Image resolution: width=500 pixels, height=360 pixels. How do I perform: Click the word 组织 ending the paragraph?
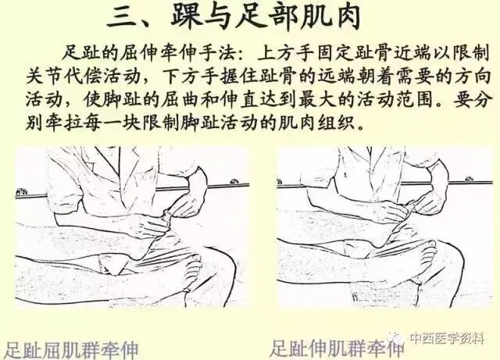point(335,122)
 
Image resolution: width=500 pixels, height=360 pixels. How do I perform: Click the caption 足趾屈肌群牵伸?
point(72,350)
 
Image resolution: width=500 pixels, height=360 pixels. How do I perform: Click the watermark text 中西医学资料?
point(447,337)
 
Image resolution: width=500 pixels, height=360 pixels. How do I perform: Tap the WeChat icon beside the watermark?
point(398,337)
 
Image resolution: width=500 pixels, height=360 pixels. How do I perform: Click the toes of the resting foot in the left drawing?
point(194,265)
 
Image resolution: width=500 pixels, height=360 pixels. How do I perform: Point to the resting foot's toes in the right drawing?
point(428,251)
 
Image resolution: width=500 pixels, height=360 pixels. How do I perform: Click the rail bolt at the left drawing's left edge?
point(22,191)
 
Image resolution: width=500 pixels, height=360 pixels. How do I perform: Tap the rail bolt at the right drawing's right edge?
point(469,179)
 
